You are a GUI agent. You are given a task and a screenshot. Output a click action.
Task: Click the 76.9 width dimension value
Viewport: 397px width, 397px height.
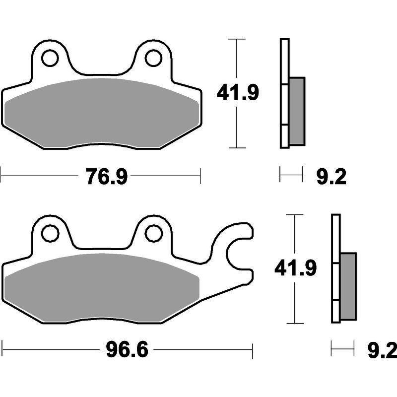[x=107, y=177]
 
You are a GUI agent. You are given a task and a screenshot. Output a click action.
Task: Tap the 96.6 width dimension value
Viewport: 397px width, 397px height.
[x=127, y=350]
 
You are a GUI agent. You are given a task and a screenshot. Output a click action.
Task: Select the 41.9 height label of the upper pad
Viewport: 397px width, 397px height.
[x=238, y=93]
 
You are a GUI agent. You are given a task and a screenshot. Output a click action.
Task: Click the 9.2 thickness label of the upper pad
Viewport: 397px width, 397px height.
[x=331, y=177]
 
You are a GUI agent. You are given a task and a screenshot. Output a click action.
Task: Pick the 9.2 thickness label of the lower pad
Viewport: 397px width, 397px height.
[x=382, y=350]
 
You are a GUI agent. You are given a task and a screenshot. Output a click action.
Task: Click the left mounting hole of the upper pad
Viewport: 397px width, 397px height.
[x=50, y=58]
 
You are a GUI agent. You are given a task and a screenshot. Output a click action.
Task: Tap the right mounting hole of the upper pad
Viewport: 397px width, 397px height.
[x=153, y=58]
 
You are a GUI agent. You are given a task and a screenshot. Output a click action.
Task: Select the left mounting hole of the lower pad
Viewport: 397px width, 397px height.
[x=50, y=233]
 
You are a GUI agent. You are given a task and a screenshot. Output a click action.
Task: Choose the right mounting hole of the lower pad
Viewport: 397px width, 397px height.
[x=153, y=233]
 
